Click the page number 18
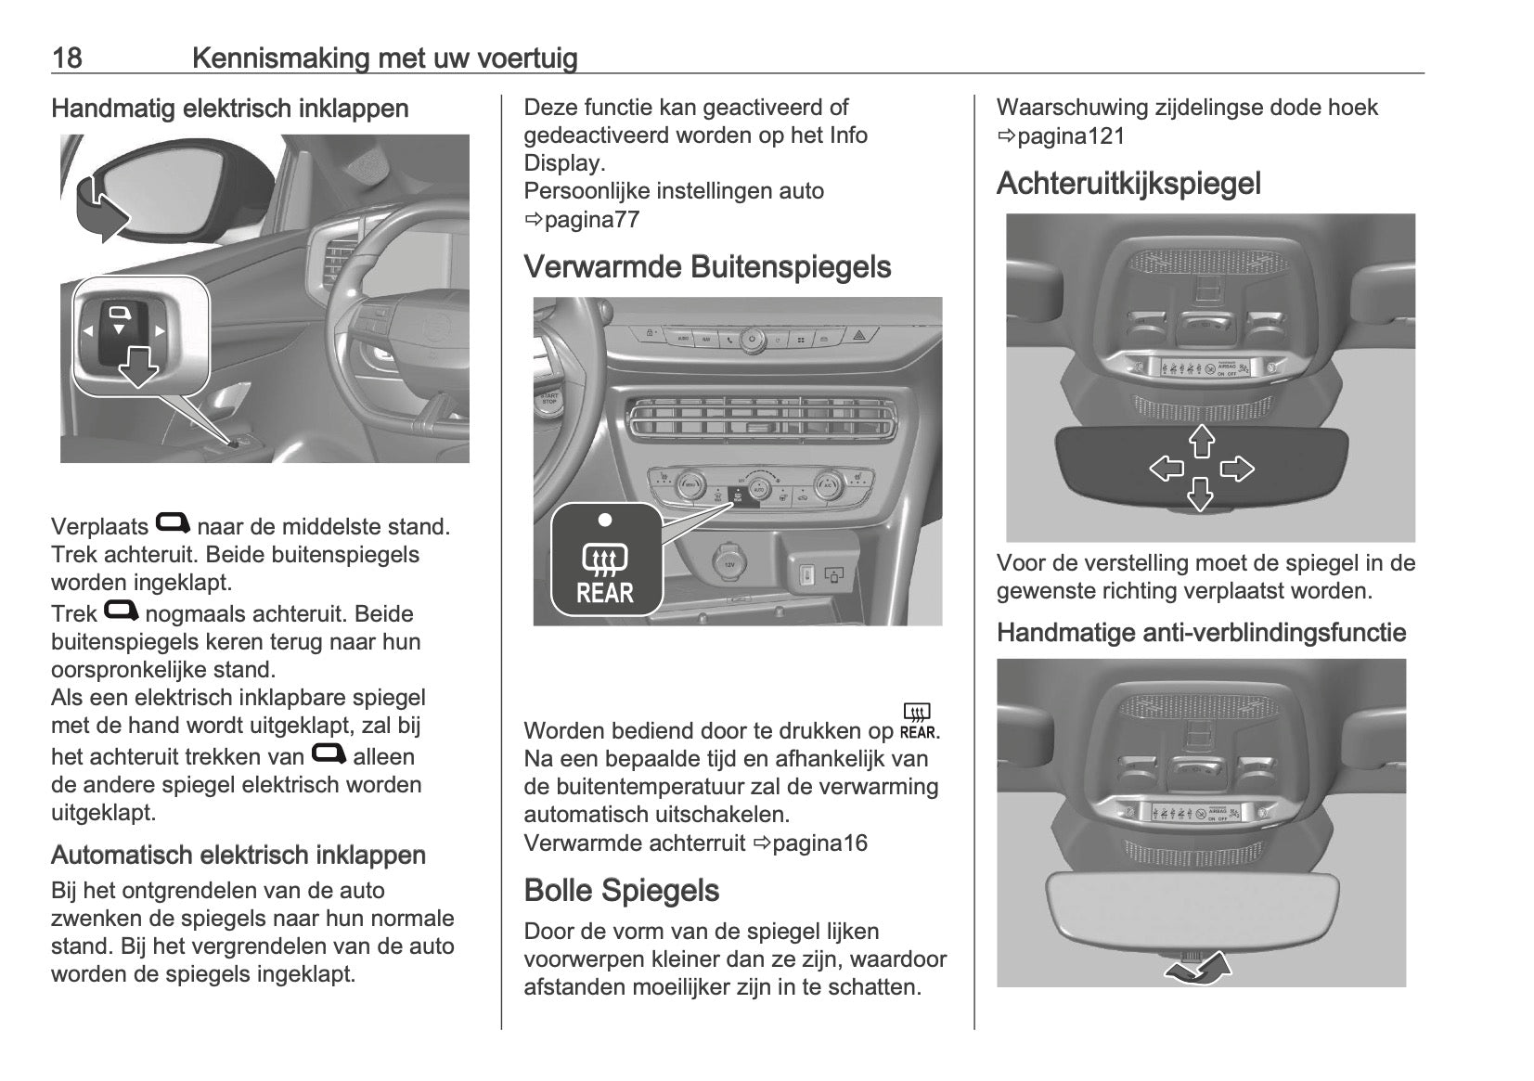pyautogui.click(x=67, y=58)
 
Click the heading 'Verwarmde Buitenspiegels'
pyautogui.click(x=707, y=267)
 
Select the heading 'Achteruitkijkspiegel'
pyautogui.click(x=1128, y=184)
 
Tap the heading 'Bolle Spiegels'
pyautogui.click(x=621, y=891)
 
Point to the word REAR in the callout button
pyautogui.click(x=605, y=593)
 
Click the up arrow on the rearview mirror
pyautogui.click(x=1202, y=441)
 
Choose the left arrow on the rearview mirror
pyautogui.click(x=1167, y=469)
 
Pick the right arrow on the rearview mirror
pyautogui.click(x=1236, y=469)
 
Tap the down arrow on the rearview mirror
pyautogui.click(x=1201, y=495)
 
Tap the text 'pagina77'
pyautogui.click(x=592, y=220)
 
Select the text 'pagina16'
pyautogui.click(x=819, y=843)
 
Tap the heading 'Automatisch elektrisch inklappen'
pyautogui.click(x=238, y=856)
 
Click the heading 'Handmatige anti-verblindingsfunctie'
pyautogui.click(x=1201, y=633)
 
